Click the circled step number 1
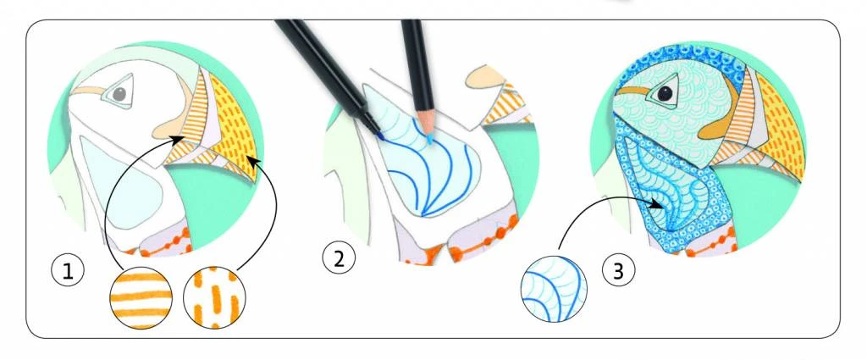tap(68, 272)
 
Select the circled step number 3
tap(618, 271)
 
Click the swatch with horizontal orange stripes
tap(141, 298)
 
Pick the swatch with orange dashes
tap(214, 298)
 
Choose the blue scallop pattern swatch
tap(555, 289)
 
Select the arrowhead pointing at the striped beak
tap(178, 141)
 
